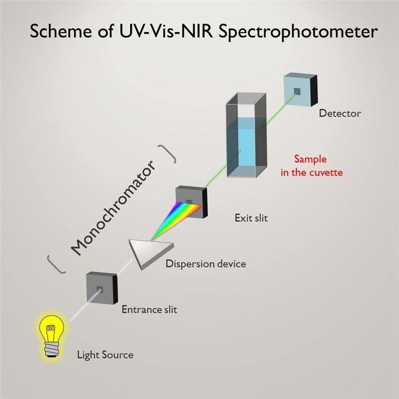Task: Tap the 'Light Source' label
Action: coord(105,355)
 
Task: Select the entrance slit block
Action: coord(102,289)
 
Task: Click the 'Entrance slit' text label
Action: coord(149,310)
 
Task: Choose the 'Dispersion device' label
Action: coord(205,263)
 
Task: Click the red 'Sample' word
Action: coord(310,160)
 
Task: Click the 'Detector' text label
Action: coord(340,113)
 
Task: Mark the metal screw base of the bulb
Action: coord(51,347)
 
